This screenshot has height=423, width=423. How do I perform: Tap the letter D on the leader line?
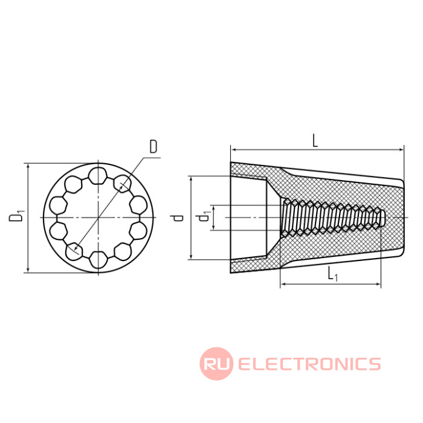click(x=153, y=147)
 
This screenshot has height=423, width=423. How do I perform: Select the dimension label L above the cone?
click(x=315, y=141)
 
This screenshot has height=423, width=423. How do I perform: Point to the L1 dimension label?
click(x=332, y=273)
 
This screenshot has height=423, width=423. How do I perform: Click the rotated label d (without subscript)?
click(x=178, y=218)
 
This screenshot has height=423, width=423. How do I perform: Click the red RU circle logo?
click(x=216, y=364)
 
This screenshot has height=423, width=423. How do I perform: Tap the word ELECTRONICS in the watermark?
click(x=309, y=364)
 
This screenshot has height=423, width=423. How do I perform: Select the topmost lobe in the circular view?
click(x=98, y=176)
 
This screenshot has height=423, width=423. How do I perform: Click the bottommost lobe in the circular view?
click(x=98, y=260)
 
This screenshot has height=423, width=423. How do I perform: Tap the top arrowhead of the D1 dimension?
click(x=28, y=166)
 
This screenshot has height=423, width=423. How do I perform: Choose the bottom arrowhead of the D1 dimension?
click(x=28, y=270)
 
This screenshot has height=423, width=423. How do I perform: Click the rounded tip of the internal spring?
click(x=383, y=218)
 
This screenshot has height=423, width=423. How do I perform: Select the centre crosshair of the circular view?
click(x=98, y=218)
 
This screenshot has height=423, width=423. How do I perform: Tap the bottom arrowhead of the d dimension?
click(x=191, y=256)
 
